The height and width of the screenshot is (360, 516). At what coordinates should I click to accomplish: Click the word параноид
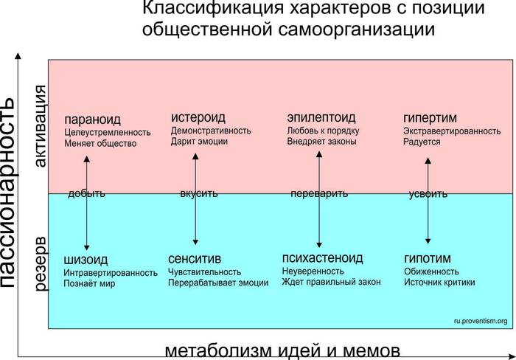pos(92,119)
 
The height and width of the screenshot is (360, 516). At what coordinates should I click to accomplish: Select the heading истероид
pos(198,117)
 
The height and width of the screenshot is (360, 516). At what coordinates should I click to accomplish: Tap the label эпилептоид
pos(321,117)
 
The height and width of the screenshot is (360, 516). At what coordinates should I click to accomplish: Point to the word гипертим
pos(430,117)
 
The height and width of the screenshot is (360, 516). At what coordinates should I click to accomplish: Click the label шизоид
pos(86,259)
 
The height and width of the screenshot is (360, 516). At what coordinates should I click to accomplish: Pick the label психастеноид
pos(322,257)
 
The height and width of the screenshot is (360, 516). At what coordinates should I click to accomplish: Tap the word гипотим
pos(427,258)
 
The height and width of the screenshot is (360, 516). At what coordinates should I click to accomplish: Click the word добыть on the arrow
pos(86,194)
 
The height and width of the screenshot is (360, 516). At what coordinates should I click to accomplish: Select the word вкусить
pos(198,194)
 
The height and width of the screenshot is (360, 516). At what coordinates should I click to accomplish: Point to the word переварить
pos(319,194)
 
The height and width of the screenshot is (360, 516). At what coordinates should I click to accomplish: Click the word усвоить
pos(428,195)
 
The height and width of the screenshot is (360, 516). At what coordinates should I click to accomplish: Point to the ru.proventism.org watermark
pos(481,321)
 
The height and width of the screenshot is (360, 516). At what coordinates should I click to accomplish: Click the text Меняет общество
pos(100,143)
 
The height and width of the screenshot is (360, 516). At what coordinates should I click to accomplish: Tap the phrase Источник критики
pos(439,282)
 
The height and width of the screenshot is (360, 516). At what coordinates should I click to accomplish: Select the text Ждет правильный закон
pos(331,282)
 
